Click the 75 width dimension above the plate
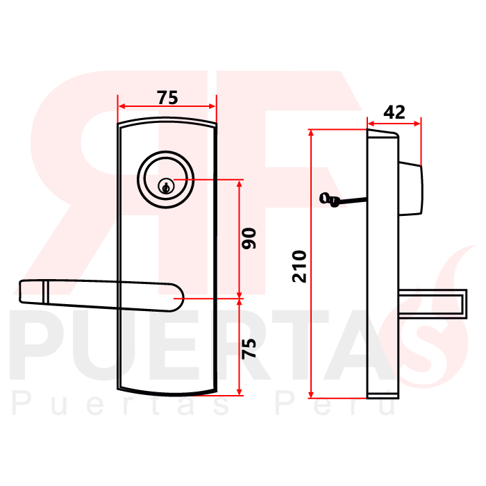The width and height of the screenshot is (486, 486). click(167, 97)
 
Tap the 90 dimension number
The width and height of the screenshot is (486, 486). click(249, 238)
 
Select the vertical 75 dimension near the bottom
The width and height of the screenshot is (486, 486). click(249, 348)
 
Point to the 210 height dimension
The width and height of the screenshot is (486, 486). click(299, 266)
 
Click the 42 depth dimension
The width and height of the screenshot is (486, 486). click(394, 112)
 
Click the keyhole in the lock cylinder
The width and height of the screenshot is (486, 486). click(166, 187)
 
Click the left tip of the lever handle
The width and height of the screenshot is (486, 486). click(20, 292)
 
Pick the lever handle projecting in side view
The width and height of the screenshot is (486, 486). click(433, 304)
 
